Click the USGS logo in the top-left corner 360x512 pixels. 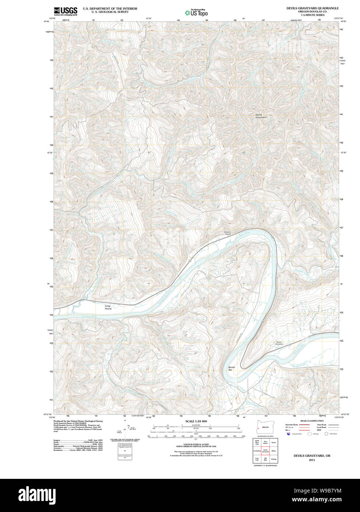(66, 11)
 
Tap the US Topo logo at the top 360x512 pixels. (196, 13)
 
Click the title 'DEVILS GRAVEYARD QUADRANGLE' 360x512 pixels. (313, 8)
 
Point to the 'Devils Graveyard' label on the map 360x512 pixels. (261, 116)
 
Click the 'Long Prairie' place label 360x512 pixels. (108, 307)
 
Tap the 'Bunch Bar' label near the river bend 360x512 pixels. (231, 368)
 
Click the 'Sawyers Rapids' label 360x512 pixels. (227, 233)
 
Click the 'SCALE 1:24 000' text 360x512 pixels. (196, 421)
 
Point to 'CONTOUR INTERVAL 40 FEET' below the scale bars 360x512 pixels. (196, 445)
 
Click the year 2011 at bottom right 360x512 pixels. (312, 460)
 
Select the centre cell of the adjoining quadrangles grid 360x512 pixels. (265, 450)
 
